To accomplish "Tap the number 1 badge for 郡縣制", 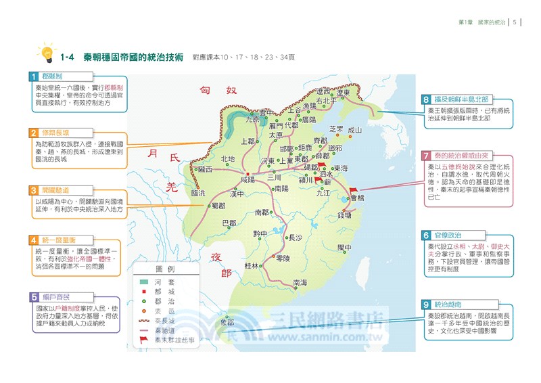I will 32,76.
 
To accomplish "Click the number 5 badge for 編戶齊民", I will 32,296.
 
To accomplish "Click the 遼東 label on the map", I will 344,93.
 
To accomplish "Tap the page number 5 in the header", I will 515,22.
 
